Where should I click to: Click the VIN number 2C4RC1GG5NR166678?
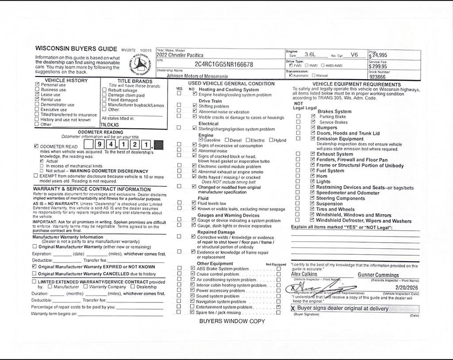(x=224, y=65)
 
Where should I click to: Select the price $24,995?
(x=379, y=55)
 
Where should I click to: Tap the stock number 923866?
(x=377, y=77)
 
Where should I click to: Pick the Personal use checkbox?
(x=37, y=85)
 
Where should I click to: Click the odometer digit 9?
(x=101, y=145)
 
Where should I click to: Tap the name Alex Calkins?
(x=304, y=274)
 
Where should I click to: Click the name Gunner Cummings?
(x=378, y=275)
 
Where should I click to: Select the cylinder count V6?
(x=354, y=55)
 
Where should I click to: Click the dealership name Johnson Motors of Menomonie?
(x=197, y=76)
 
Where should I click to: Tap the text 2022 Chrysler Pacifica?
(x=180, y=55)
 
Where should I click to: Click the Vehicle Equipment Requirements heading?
(x=356, y=84)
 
